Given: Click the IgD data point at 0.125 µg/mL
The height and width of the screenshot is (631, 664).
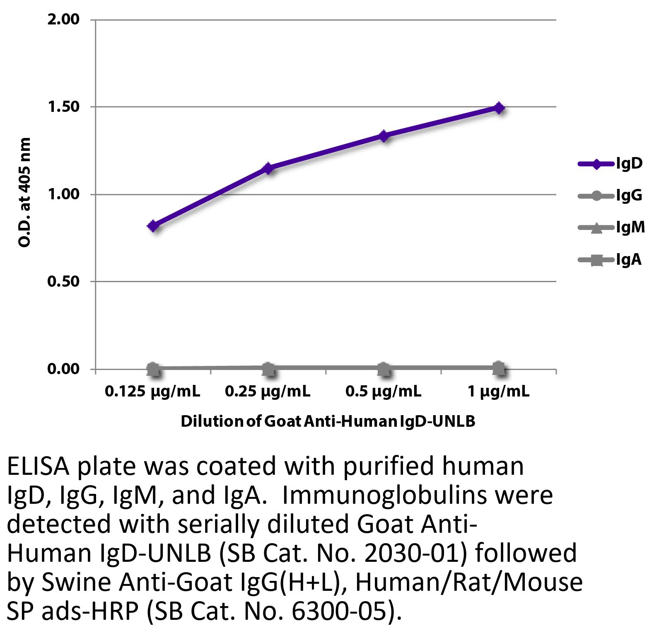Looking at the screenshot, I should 153,226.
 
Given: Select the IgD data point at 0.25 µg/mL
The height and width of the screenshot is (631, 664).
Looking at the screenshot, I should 268,168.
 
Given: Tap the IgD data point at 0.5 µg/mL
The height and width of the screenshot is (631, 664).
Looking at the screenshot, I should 384,135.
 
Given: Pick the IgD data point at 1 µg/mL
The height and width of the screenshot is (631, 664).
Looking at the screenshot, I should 499,108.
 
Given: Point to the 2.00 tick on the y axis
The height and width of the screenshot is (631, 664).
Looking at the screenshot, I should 63,19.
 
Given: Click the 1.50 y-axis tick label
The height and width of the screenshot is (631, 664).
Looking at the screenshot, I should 63,107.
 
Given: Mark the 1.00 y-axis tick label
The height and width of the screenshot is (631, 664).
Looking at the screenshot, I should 63,194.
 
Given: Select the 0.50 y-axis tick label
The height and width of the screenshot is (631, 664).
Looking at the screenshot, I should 63,282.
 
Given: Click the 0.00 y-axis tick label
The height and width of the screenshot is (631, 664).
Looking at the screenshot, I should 63,369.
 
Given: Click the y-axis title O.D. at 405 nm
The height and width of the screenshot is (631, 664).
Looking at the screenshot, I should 25,193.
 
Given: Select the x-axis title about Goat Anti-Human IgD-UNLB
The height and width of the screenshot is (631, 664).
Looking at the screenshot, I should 328,421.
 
